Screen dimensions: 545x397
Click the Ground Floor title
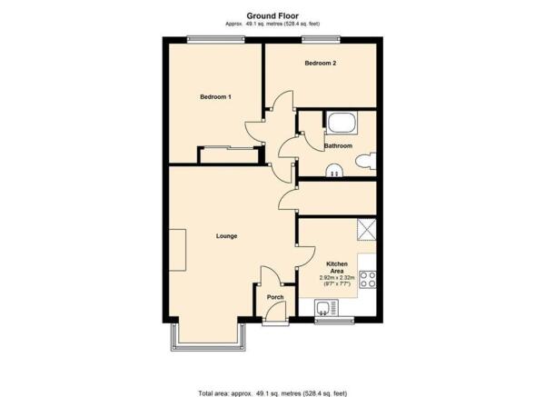272,15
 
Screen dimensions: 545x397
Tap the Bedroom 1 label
215,97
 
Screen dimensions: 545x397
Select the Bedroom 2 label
320,64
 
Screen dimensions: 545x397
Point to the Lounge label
226,236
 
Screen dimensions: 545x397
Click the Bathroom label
338,146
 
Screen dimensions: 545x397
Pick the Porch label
275,297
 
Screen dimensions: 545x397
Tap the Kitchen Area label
337,267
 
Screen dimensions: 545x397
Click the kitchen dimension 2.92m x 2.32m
337,278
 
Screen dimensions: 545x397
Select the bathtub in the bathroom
342,123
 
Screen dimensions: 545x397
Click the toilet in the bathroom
366,161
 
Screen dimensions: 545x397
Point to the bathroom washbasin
334,170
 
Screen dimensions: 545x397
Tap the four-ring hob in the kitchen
367,280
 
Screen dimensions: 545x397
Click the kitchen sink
326,308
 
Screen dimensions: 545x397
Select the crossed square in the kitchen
367,230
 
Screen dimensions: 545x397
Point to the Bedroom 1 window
215,40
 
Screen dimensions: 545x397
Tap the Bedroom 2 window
321,40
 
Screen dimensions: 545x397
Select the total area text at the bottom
272,393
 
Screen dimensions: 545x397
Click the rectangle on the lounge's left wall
177,250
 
